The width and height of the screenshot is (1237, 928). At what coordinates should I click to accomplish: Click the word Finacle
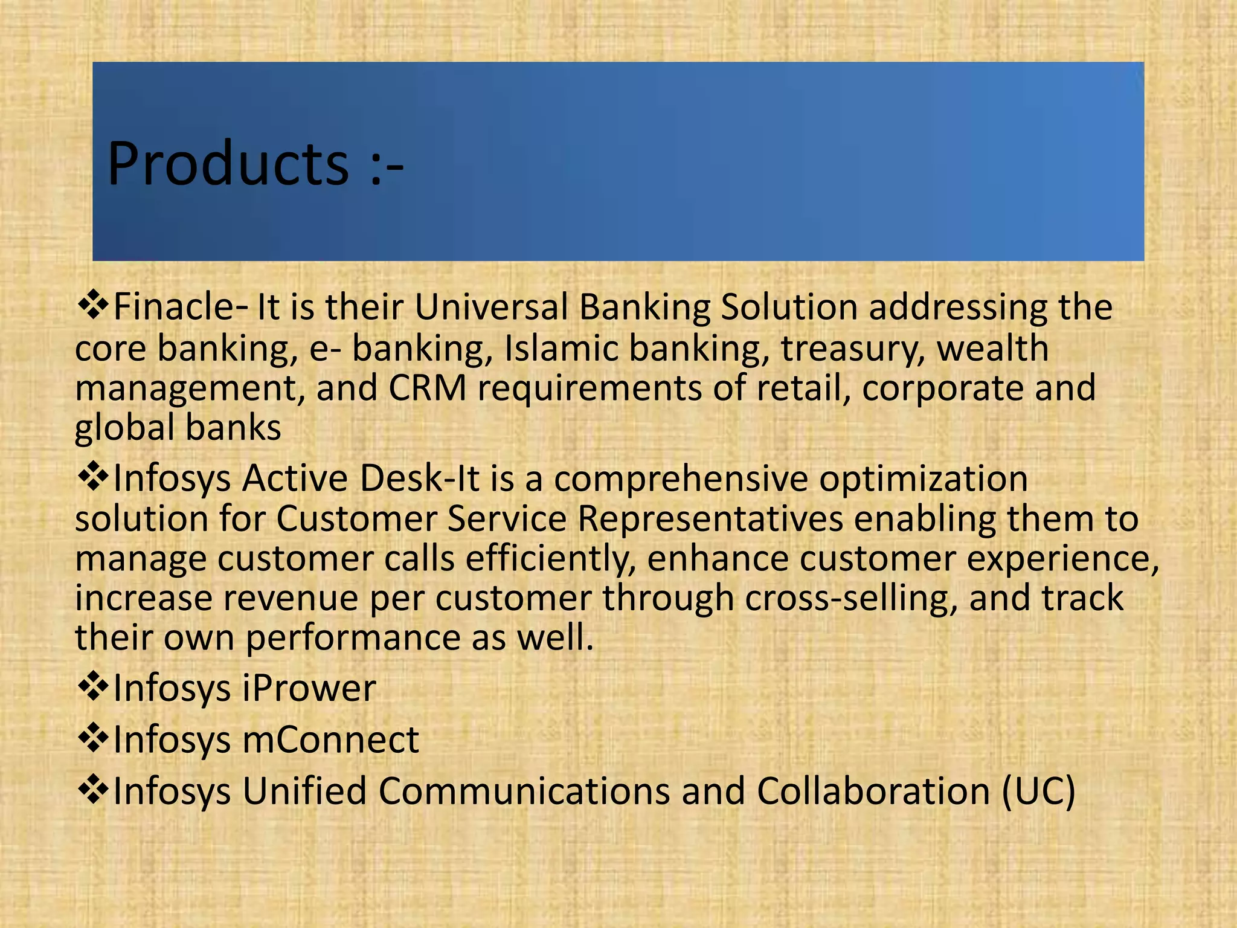click(172, 307)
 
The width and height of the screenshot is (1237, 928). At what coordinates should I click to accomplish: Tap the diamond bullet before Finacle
click(93, 304)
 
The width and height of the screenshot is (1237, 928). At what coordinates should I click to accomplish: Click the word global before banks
click(124, 428)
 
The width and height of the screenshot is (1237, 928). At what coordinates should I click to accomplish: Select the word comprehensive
click(681, 479)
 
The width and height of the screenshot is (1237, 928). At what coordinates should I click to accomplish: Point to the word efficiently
click(550, 558)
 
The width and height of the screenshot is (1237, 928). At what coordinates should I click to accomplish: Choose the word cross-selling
click(851, 598)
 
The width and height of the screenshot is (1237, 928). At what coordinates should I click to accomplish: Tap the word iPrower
click(309, 688)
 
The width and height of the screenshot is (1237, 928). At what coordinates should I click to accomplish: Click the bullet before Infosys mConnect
click(93, 738)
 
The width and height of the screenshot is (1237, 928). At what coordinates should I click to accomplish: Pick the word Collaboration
click(873, 791)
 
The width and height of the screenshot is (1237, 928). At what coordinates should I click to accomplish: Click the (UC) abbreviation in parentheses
click(1039, 791)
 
